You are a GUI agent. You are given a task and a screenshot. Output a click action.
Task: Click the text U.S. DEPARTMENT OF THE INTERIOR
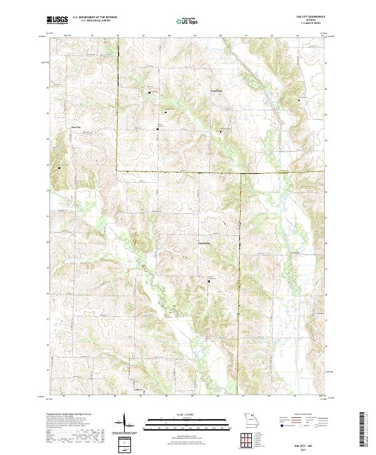tap(95, 17)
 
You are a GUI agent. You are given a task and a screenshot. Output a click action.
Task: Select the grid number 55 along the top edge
tap(91, 36)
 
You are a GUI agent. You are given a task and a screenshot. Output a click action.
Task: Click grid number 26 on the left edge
tap(47, 88)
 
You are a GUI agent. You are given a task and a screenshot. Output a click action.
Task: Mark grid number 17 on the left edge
tap(47, 319)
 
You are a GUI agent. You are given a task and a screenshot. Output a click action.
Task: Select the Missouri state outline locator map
tap(250, 422)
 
